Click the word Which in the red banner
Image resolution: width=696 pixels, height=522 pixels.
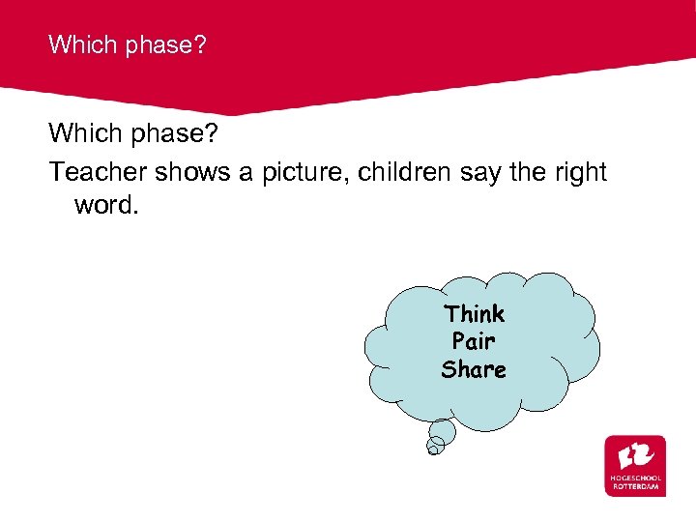click(x=81, y=44)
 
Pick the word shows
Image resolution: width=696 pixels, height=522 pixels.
click(x=200, y=172)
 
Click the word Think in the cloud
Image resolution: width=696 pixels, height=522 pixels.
click(x=474, y=314)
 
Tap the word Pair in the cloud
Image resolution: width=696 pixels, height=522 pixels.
click(x=474, y=341)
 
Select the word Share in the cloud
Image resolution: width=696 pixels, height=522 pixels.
click(x=474, y=369)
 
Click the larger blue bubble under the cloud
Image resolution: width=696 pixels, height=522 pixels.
click(x=442, y=431)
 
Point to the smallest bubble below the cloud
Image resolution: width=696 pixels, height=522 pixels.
click(x=435, y=446)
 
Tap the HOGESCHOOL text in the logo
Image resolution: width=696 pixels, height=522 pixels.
click(x=636, y=478)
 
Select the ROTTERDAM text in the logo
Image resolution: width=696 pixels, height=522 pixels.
click(x=636, y=486)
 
